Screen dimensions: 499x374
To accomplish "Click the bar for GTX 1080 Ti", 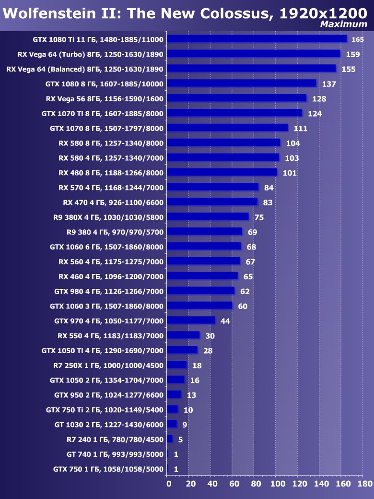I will (257, 39).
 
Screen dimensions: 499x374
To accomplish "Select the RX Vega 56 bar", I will (237, 98).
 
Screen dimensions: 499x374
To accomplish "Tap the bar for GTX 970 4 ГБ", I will (191, 321).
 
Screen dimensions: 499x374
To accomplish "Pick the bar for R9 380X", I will (208, 217).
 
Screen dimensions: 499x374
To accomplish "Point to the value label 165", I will (358, 39).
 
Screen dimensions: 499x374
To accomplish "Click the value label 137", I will (329, 84).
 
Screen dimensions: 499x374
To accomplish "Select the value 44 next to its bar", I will (225, 321).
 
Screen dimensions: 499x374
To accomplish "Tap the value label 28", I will (208, 351).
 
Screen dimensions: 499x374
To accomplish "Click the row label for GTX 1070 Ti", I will (103, 114).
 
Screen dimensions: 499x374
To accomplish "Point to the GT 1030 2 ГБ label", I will (109, 425).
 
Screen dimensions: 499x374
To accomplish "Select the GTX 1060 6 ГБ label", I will (106, 247).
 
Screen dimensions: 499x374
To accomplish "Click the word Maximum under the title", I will (343, 24).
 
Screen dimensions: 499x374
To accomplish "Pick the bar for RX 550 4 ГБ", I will (183, 335).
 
